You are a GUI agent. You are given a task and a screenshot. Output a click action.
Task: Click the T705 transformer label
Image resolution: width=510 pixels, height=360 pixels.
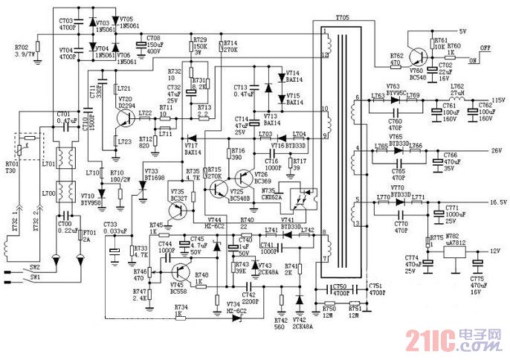(342, 16)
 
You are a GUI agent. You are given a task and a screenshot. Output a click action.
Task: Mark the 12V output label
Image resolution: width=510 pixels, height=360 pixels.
(493, 251)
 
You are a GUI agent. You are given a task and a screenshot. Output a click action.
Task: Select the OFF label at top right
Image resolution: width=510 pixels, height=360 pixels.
(487, 48)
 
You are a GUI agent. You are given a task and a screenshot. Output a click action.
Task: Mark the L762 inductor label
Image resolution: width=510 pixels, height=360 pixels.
(456, 86)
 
